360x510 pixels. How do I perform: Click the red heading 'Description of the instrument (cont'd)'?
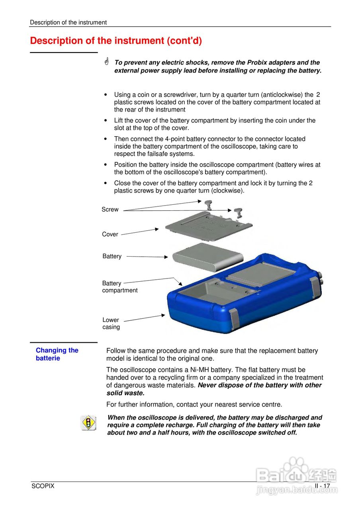pyautogui.click(x=116, y=41)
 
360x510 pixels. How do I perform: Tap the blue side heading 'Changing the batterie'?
pyautogui.click(x=57, y=354)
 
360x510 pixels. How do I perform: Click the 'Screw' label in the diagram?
pyautogui.click(x=110, y=210)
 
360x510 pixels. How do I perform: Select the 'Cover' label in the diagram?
pyautogui.click(x=110, y=234)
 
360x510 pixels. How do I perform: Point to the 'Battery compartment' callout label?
pyautogui.click(x=119, y=287)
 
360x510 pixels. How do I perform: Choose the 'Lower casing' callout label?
pyautogui.click(x=111, y=324)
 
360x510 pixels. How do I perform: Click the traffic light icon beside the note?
pyautogui.click(x=88, y=422)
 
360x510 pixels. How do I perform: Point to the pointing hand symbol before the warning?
pyautogui.click(x=107, y=62)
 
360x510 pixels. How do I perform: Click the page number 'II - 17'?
pyautogui.click(x=322, y=486)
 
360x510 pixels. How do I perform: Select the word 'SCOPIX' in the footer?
pyautogui.click(x=43, y=486)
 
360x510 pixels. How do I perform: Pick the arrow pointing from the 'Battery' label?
pyautogui.click(x=147, y=257)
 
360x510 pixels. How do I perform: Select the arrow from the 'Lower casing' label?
pyautogui.click(x=145, y=318)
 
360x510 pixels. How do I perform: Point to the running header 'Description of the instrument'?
pyautogui.click(x=68, y=22)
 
